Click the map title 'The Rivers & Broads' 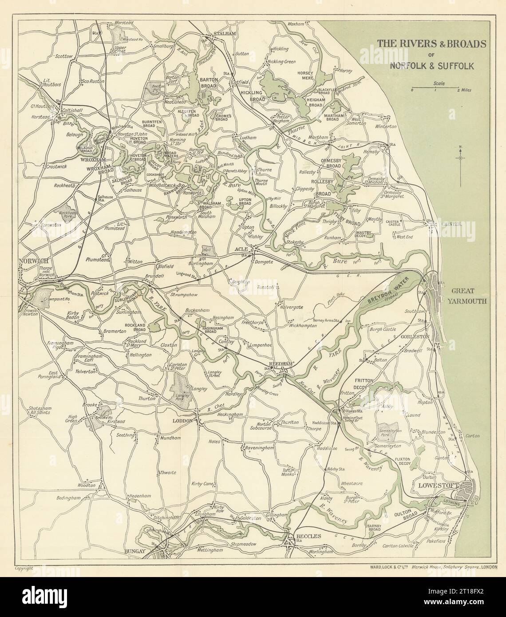[431, 44]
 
